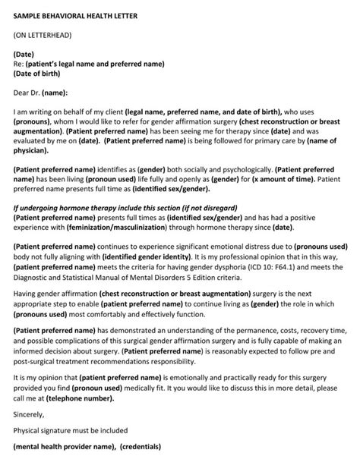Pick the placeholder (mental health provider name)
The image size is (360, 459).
(x=68, y=447)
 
